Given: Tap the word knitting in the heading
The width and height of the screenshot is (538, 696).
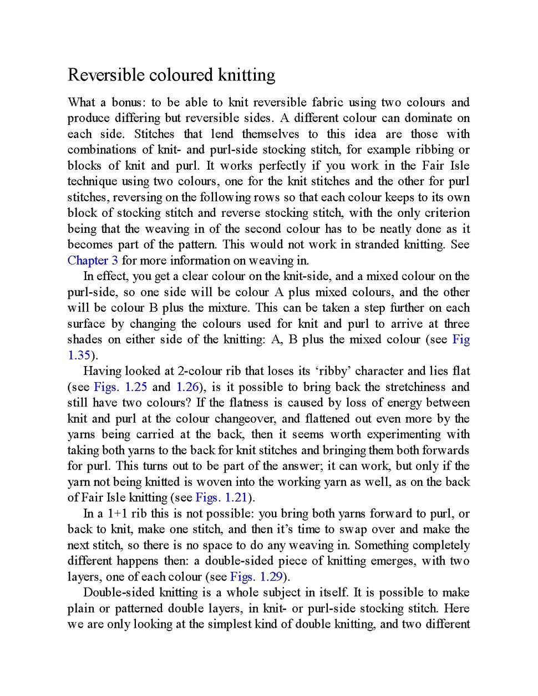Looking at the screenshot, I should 246,75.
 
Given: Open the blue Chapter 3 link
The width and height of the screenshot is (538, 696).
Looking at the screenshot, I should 93,261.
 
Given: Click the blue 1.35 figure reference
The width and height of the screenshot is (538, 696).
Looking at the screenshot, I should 79,355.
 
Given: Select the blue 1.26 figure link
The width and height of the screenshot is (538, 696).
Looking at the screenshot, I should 187,387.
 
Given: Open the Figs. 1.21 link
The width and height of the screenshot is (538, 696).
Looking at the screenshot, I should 221,497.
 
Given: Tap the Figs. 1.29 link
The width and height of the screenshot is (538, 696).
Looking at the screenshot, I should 257,577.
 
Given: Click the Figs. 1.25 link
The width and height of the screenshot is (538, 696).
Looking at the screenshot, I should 120,387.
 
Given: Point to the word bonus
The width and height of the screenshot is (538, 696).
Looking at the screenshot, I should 127,103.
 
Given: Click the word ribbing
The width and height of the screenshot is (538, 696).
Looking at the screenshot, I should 433,150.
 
